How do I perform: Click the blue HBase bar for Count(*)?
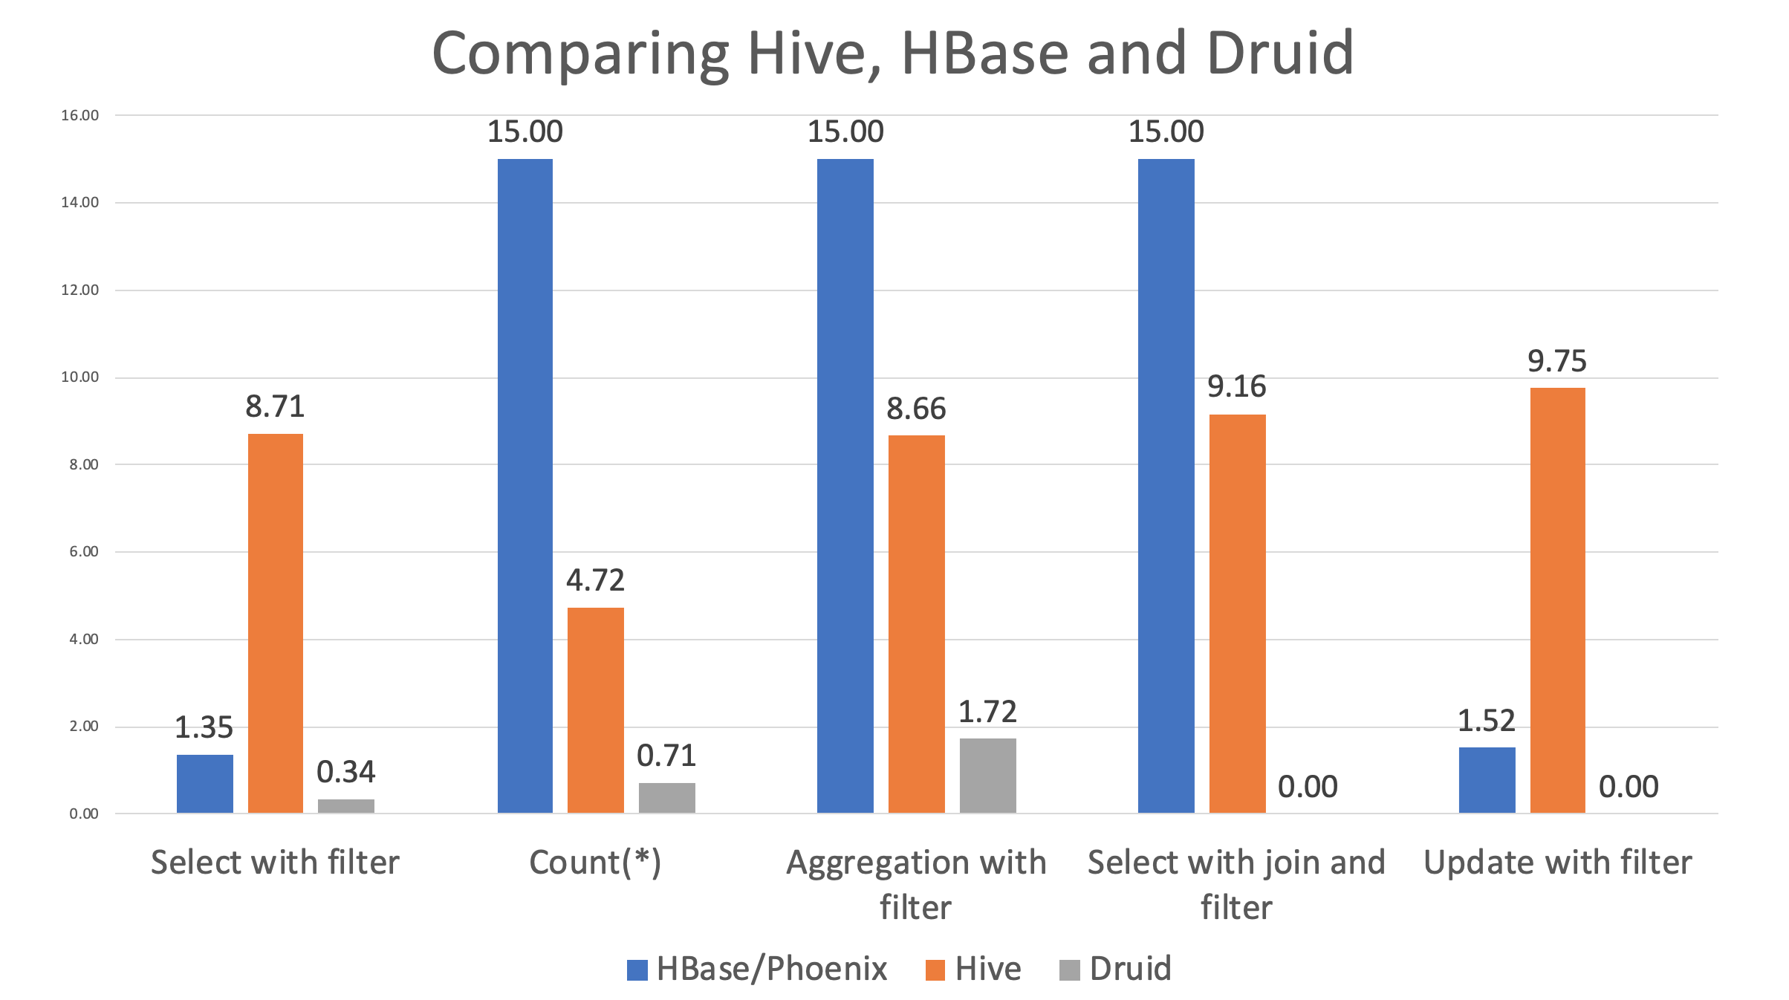(x=525, y=486)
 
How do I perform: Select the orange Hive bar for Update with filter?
(x=1557, y=600)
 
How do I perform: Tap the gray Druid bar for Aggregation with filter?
(x=987, y=775)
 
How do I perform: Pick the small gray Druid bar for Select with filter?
(x=346, y=805)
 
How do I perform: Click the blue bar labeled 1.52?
(x=1487, y=779)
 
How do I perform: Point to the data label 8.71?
(x=275, y=406)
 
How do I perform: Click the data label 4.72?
(x=595, y=580)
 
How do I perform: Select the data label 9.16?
(x=1236, y=386)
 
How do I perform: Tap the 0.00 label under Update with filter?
(x=1629, y=787)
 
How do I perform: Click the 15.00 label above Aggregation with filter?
(x=845, y=132)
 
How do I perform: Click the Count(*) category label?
(x=595, y=863)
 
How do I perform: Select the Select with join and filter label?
(x=1236, y=884)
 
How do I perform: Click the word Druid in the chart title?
(x=1280, y=53)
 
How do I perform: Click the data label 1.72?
(x=987, y=712)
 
